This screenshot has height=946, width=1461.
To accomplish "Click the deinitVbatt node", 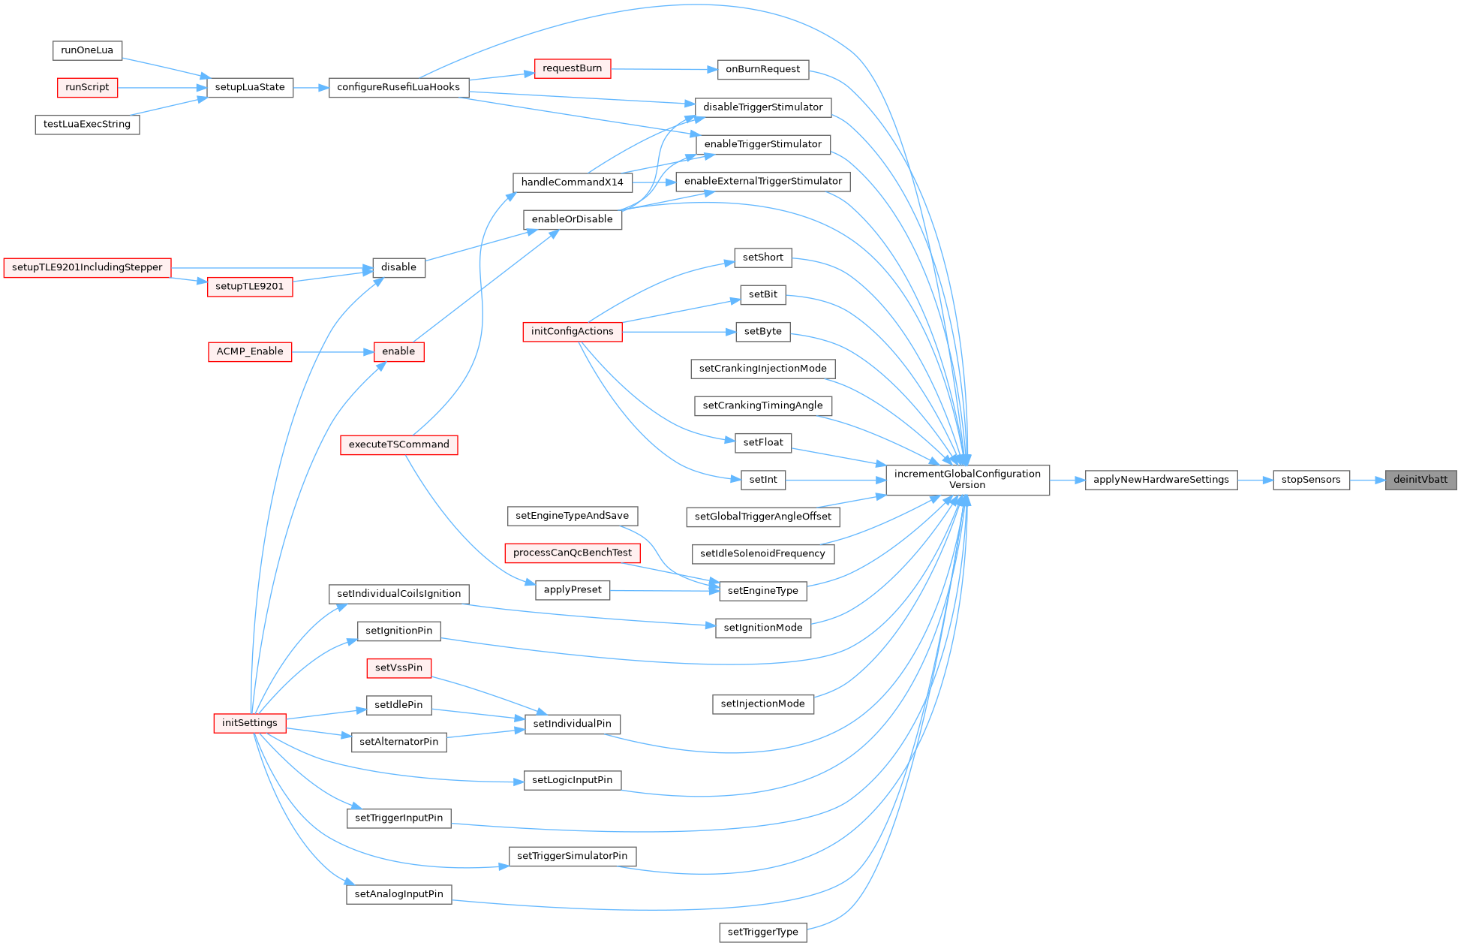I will [1420, 480].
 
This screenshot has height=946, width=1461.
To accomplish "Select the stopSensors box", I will [1310, 480].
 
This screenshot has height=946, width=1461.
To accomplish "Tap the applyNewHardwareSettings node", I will [1161, 480].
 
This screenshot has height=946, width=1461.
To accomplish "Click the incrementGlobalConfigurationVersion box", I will [967, 480].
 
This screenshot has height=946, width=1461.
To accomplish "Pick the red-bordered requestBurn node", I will [572, 68].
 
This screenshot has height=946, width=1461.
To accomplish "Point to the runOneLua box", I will [87, 50].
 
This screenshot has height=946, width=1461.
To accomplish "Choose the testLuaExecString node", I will [87, 125].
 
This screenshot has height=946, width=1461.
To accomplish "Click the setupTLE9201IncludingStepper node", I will [87, 267].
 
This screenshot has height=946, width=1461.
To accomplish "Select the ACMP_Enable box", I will [250, 351].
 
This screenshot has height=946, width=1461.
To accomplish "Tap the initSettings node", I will [250, 723].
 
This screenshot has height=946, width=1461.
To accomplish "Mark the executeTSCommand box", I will [398, 444].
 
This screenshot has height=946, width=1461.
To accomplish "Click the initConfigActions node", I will [572, 331].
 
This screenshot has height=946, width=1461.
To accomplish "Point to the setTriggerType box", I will [762, 932].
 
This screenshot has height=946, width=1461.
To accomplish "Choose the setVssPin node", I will [398, 667].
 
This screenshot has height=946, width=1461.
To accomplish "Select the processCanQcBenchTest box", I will [572, 553].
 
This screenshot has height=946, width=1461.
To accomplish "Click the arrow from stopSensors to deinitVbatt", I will [1367, 480].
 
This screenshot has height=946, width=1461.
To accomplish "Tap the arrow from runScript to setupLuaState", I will [162, 88].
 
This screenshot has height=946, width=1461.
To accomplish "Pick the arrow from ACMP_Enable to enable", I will [332, 351].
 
